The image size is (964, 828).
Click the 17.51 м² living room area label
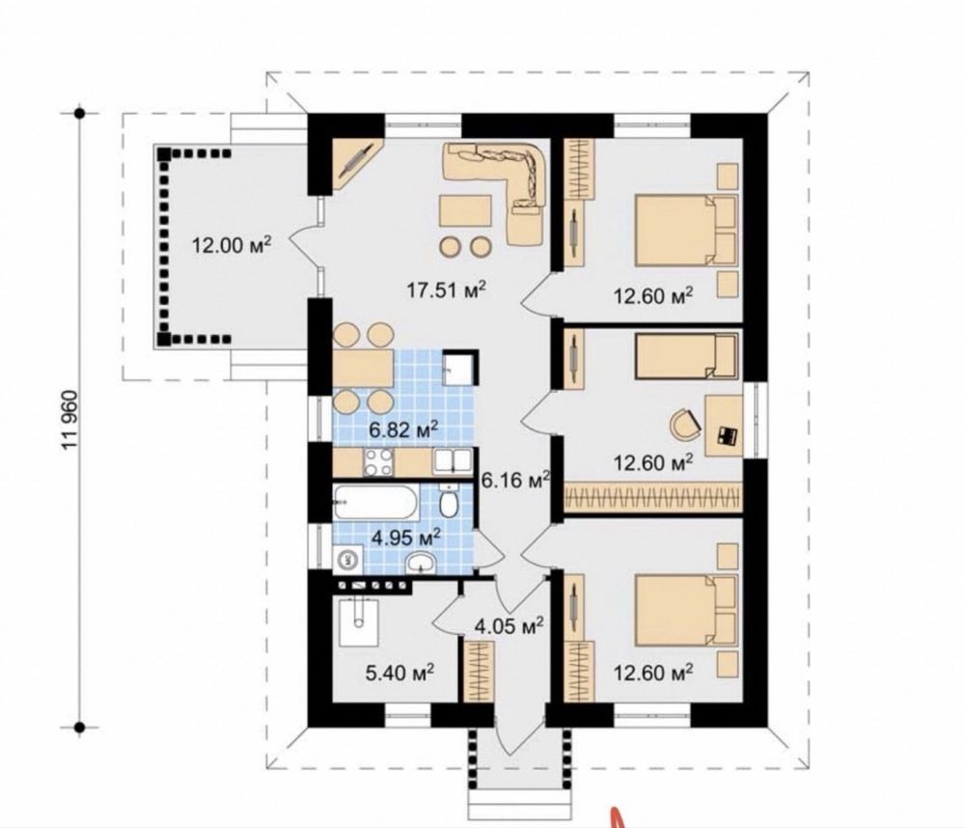447,289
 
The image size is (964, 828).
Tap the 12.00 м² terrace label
232,245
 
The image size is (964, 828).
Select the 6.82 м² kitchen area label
403,429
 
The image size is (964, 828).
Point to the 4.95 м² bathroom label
405,538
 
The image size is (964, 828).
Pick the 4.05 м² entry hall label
510,625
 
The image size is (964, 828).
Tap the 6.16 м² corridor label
514,480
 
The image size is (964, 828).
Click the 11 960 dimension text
70,420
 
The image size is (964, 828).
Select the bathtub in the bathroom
376,502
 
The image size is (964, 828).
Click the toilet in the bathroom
449,500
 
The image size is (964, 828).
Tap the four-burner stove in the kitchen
378,462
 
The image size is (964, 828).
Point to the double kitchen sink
452,461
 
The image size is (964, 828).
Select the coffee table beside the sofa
465,212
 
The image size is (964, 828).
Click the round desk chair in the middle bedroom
685,425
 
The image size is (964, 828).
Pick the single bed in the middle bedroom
686,355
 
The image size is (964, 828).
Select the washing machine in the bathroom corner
346,559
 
